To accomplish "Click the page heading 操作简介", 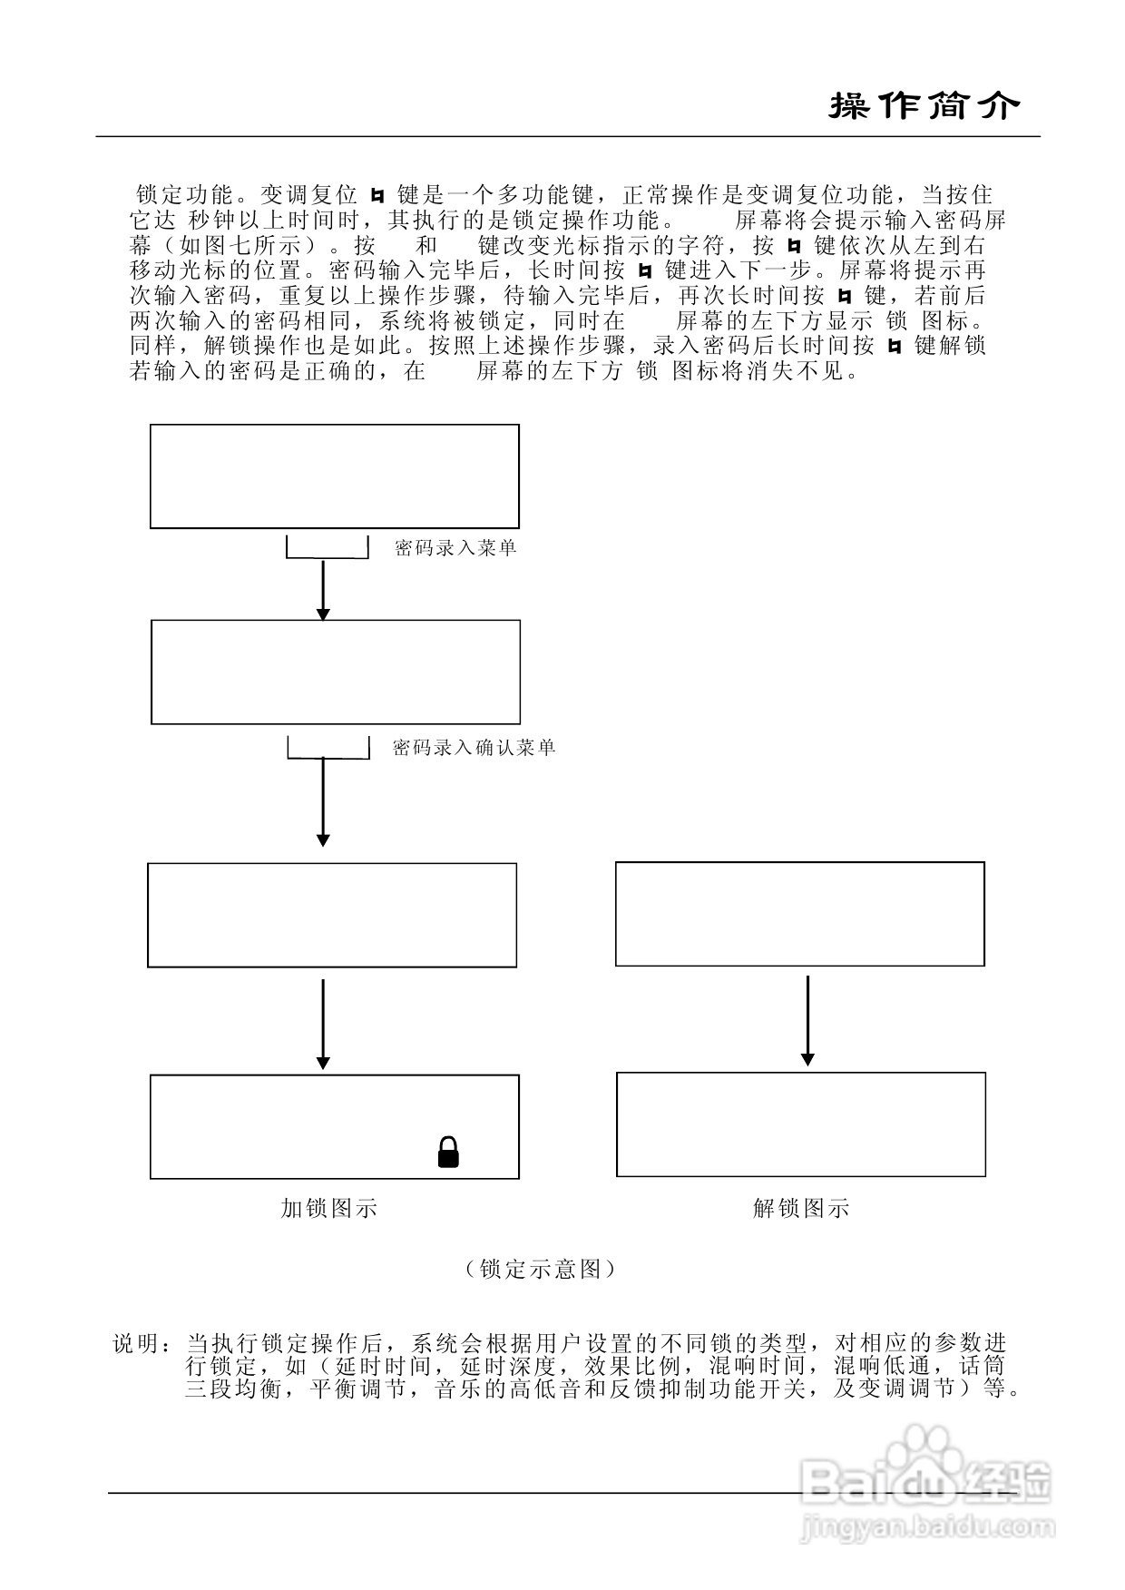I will click(924, 107).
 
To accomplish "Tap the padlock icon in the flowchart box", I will click(448, 1152).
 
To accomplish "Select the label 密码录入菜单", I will click(455, 548).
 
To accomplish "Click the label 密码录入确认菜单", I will click(474, 748).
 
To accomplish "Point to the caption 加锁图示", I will click(328, 1208).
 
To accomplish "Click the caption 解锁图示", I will click(801, 1208).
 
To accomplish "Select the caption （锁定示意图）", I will click(541, 1269).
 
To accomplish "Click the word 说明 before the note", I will click(137, 1344).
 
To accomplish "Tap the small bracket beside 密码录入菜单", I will click(328, 548).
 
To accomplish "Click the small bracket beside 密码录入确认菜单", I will click(328, 749).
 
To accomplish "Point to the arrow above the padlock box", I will click(323, 1024).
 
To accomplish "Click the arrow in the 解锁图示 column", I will click(807, 1020).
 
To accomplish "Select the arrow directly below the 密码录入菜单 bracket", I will click(323, 590).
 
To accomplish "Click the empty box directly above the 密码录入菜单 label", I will click(335, 476).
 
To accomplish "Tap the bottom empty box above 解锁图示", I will click(801, 1124).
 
